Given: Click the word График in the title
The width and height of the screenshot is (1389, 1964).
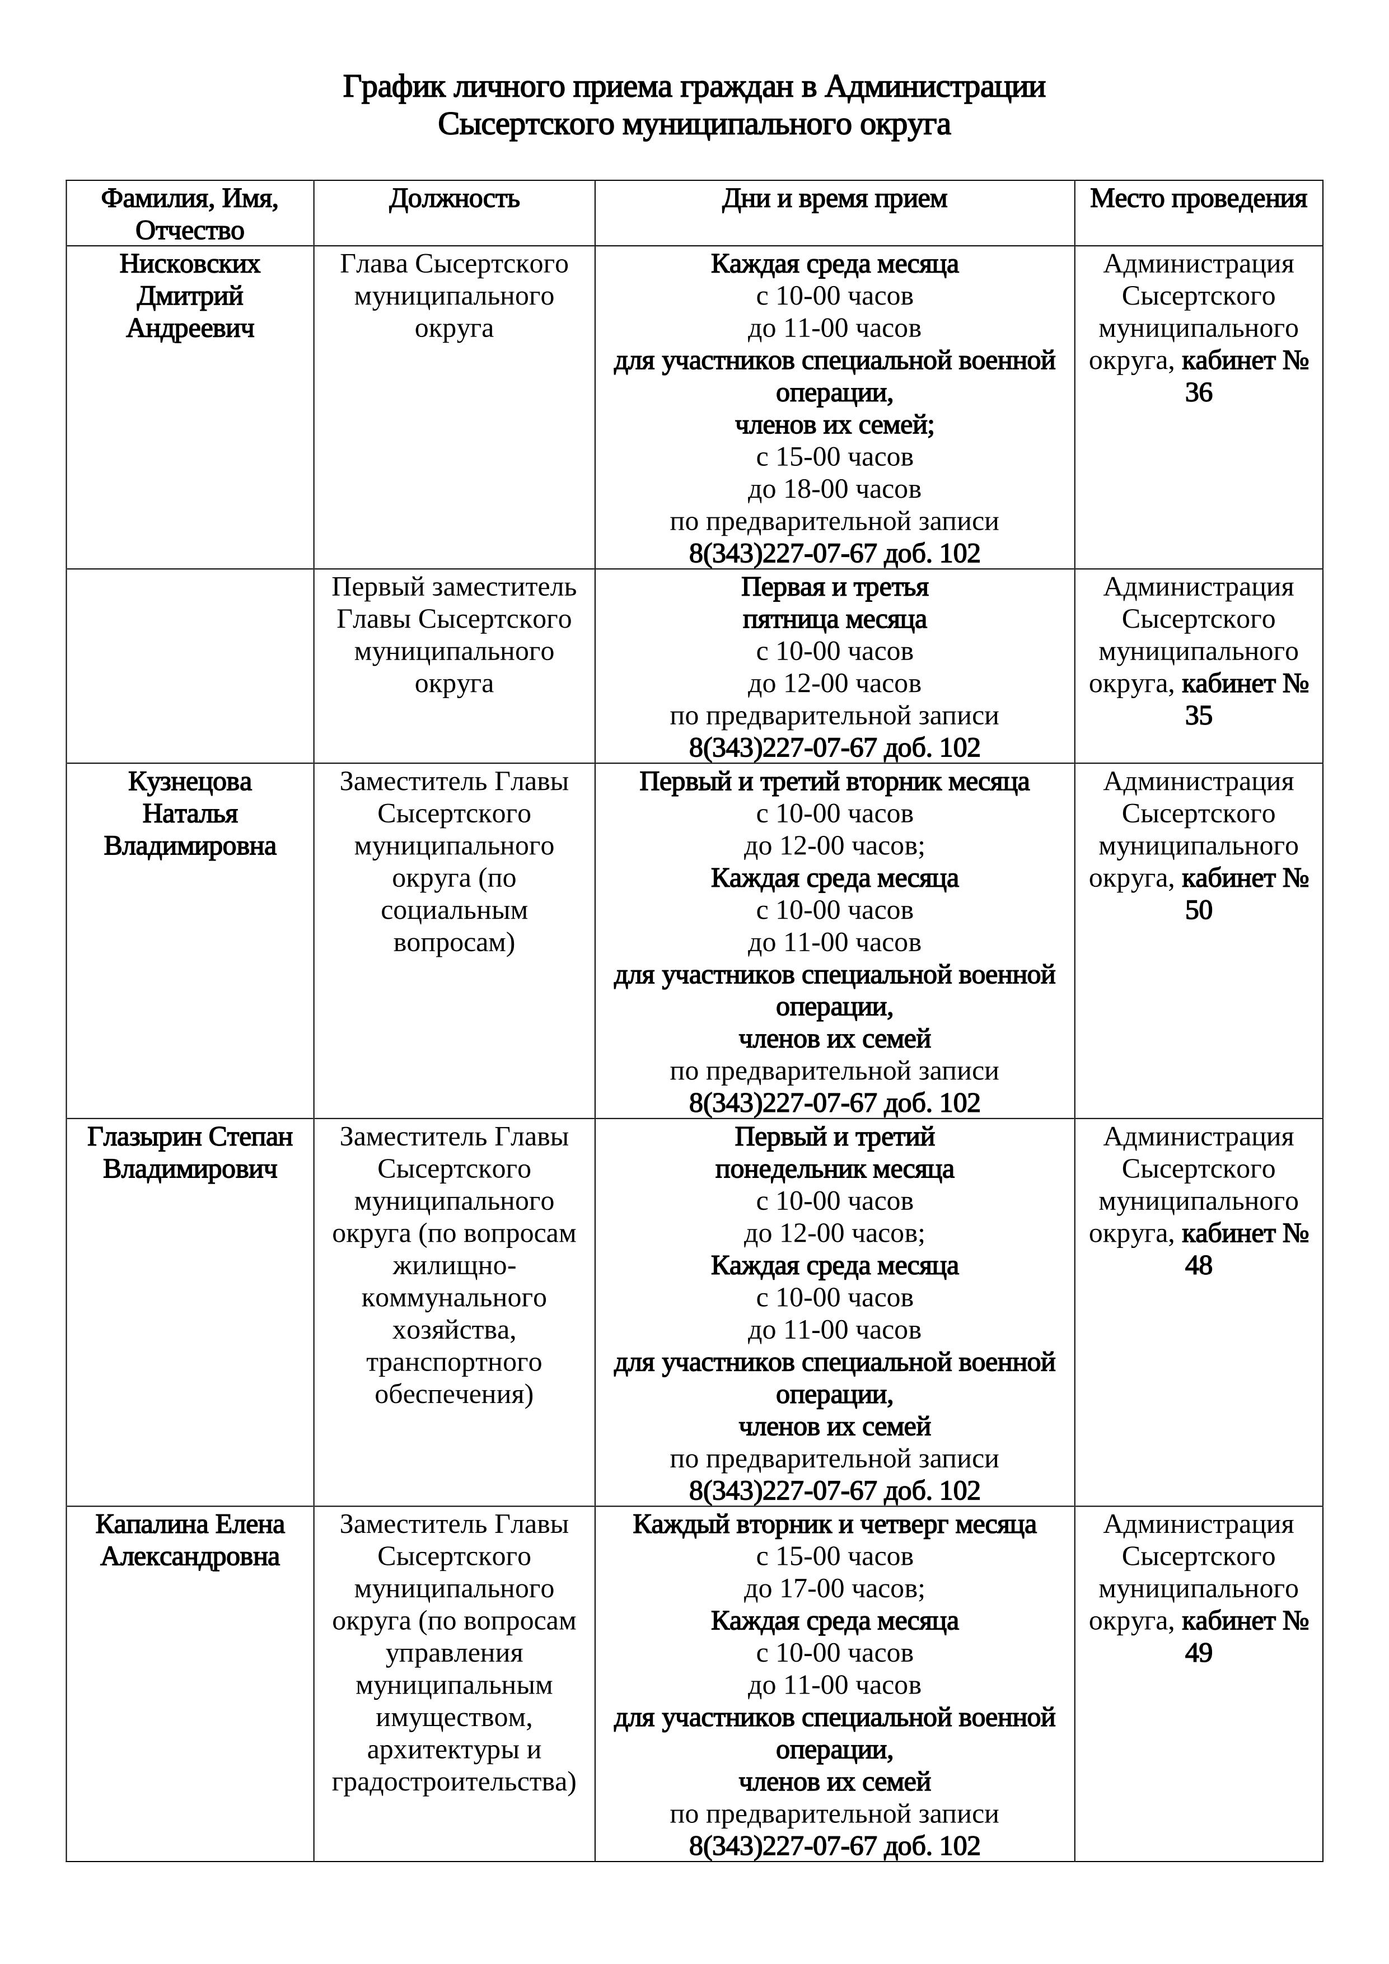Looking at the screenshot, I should coord(394,87).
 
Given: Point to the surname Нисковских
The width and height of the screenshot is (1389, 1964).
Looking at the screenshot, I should coord(190,264).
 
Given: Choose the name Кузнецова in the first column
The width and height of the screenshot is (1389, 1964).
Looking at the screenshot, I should coord(190,782).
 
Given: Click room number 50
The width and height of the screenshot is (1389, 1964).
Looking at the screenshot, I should coord(1198,910).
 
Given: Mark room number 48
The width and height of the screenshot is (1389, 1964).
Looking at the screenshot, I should coord(1198,1265).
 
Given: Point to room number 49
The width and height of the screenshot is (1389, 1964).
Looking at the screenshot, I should coord(1198,1653).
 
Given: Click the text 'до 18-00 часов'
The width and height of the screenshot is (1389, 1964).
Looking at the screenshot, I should coord(834,489).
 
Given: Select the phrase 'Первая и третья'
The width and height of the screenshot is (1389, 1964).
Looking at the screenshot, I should coord(834,588).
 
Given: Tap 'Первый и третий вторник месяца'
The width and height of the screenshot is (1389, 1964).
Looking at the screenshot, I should coord(834,782).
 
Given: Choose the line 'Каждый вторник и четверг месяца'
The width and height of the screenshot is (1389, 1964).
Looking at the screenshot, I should coord(834,1525).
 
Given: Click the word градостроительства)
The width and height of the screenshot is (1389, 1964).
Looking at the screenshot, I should coord(454,1782).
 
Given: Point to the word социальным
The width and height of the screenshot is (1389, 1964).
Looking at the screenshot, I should coord(454,910).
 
